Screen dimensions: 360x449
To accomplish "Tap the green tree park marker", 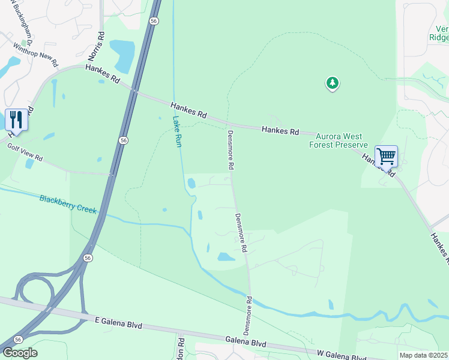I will tap(333, 83).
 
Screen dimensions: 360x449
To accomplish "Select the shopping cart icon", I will tap(386, 156).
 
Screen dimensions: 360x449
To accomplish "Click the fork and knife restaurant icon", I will tap(16, 119).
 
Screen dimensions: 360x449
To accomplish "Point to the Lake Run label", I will tap(176, 132).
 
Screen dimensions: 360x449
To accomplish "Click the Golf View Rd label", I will tap(25, 152).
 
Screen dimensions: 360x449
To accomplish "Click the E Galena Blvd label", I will tap(119, 323).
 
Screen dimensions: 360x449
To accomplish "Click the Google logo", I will tap(19, 353).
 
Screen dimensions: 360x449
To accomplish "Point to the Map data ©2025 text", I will tap(424, 355).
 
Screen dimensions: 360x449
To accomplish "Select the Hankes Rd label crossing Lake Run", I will tap(188, 110).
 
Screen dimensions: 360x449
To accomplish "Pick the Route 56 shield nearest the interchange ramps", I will tap(88, 258).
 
